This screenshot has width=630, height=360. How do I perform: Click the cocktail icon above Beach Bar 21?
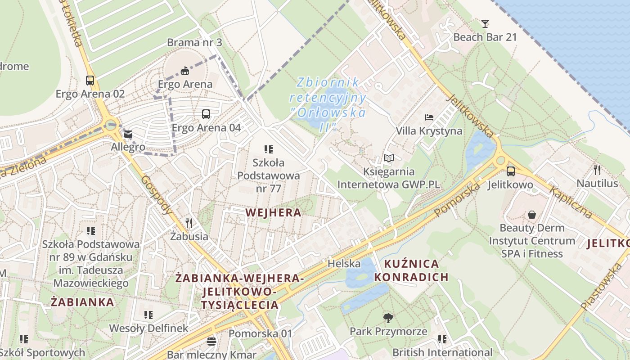pyautogui.click(x=485, y=24)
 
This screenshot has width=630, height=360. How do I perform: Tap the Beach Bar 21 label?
pyautogui.click(x=485, y=37)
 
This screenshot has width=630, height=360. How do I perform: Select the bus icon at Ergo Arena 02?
pyautogui.click(x=90, y=81)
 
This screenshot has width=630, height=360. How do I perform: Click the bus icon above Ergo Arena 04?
pyautogui.click(x=206, y=114)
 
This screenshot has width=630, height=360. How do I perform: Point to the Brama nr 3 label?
pyautogui.click(x=194, y=42)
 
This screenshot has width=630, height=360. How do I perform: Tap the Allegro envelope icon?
pyautogui.click(x=129, y=134)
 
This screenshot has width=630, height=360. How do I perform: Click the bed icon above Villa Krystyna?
pyautogui.click(x=429, y=117)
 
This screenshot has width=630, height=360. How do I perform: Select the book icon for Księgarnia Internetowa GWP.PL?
pyautogui.click(x=388, y=158)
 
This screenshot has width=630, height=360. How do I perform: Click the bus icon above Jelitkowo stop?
pyautogui.click(x=510, y=171)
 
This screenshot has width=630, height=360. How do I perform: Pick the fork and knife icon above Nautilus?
pyautogui.click(x=597, y=170)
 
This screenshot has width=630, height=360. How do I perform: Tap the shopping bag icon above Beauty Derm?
pyautogui.click(x=532, y=215)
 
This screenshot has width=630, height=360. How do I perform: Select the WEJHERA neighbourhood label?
pyautogui.click(x=273, y=212)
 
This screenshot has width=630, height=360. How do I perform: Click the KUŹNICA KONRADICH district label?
pyautogui.click(x=411, y=270)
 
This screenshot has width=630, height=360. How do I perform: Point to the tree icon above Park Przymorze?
pyautogui.click(x=388, y=319)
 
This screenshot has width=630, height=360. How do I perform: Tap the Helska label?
pyautogui.click(x=344, y=263)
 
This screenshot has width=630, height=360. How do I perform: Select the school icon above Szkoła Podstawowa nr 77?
pyautogui.click(x=269, y=149)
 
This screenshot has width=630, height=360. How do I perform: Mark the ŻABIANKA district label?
pyautogui.click(x=82, y=302)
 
